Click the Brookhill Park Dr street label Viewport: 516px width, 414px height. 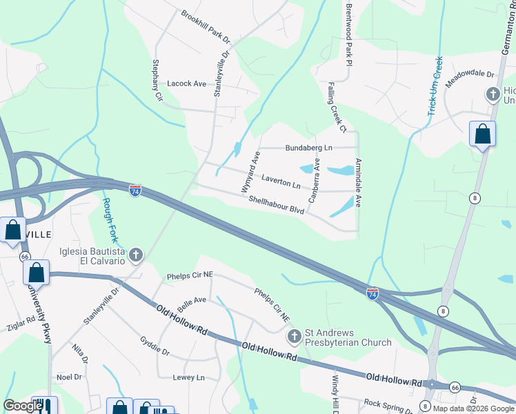point(205,24)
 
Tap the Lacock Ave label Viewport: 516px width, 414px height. point(187,83)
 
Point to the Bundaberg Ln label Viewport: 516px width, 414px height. point(308,148)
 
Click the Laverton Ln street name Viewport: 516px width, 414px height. point(281,181)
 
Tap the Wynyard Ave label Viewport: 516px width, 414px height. point(248,172)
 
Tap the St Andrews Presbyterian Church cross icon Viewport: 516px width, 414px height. point(294,337)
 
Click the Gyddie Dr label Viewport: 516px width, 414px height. point(155,346)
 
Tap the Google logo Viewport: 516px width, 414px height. point(23,406)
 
